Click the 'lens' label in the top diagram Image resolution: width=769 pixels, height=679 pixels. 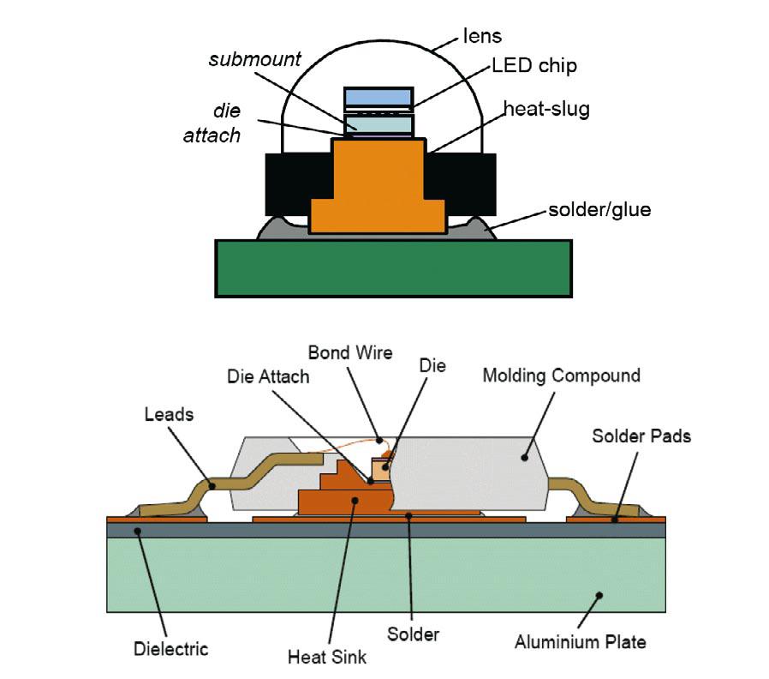tap(481, 37)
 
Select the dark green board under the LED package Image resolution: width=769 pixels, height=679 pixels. tap(393, 268)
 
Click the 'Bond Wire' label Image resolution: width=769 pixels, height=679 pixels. tap(350, 352)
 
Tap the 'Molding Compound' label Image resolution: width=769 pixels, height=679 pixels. tap(561, 376)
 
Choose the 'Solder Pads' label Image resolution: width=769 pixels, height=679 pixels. tap(641, 436)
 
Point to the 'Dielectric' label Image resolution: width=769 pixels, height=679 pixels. tap(170, 648)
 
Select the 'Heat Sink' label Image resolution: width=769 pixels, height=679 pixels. tap(327, 657)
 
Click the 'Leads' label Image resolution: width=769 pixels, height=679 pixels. tap(169, 415)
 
